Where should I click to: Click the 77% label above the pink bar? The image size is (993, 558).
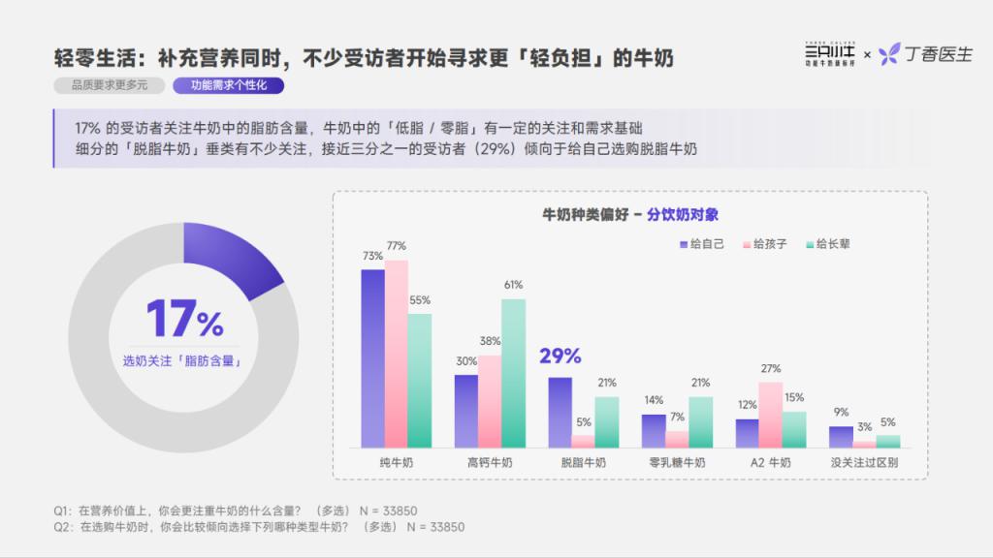click(x=396, y=246)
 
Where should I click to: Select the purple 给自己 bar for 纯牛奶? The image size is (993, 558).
click(x=373, y=358)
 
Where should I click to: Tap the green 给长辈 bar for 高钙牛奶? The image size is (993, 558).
click(x=513, y=373)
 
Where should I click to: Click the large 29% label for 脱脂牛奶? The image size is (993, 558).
click(x=561, y=356)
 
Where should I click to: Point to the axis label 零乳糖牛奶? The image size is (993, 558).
click(x=678, y=463)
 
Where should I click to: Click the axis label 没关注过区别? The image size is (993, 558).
click(x=864, y=463)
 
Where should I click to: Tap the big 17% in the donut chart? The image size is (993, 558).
click(x=184, y=319)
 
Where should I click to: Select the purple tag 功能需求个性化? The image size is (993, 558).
click(x=229, y=85)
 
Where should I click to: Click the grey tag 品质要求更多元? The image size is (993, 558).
click(x=110, y=85)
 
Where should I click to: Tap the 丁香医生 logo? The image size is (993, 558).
click(x=926, y=54)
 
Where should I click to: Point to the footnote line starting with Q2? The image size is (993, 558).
click(x=259, y=527)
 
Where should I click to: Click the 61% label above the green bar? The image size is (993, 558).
click(x=513, y=285)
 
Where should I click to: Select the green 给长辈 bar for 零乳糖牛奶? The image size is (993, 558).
click(x=700, y=422)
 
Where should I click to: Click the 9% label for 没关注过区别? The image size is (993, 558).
click(x=841, y=413)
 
